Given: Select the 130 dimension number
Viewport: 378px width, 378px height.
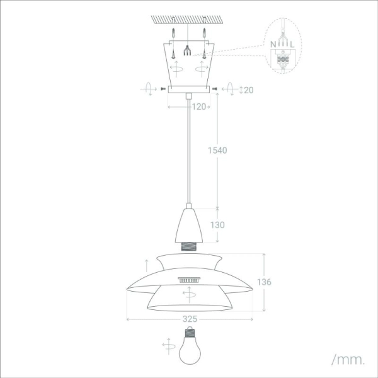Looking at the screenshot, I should coord(217,224).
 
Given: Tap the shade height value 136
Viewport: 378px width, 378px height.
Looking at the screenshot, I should coord(265,282).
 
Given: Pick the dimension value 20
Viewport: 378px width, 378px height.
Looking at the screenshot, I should coord(248,90).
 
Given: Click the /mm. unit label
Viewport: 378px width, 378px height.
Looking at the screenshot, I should coord(348,360).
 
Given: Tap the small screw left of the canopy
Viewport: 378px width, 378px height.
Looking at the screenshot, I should coord(164,89).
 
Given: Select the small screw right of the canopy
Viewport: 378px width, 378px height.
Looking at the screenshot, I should coord(215,89).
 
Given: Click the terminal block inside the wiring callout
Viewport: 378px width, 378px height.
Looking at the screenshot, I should coord(283,61).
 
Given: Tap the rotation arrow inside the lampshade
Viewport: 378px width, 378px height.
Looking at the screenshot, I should coord(189,294).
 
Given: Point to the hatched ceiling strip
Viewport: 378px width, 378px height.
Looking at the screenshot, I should coord(189,18).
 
